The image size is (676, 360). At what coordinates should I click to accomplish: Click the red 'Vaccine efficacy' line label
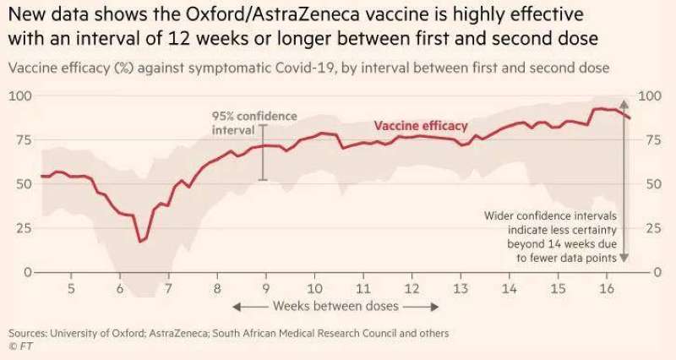(x=420, y=125)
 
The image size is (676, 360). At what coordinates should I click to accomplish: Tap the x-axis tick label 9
(x=266, y=289)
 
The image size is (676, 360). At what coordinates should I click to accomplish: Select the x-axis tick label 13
(x=461, y=289)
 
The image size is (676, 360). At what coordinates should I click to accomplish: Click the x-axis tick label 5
(x=72, y=289)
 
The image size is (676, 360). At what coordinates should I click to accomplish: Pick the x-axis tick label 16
(x=606, y=289)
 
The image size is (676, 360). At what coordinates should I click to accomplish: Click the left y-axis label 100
(x=19, y=95)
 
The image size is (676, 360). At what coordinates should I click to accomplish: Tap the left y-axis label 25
(x=22, y=228)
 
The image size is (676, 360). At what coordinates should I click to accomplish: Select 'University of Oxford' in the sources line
(x=99, y=333)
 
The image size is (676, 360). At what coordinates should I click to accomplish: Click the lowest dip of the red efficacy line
(x=141, y=242)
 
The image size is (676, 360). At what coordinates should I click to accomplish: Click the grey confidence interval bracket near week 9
(x=263, y=152)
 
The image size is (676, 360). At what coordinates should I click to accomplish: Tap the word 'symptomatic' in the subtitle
(x=209, y=67)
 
